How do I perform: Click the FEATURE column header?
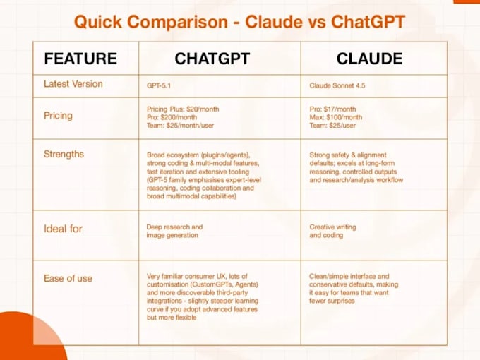click(x=80, y=59)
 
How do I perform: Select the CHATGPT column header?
click(x=212, y=59)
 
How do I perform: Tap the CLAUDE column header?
click(x=369, y=59)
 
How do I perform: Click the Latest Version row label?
click(x=73, y=84)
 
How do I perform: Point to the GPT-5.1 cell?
click(x=159, y=85)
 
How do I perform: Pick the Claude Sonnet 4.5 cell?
click(x=337, y=85)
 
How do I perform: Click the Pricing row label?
click(x=58, y=116)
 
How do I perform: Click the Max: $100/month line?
click(x=335, y=117)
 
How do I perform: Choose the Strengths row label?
click(x=64, y=154)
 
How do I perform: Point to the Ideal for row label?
click(x=63, y=229)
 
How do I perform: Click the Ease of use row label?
click(x=68, y=278)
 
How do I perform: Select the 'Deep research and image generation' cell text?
click(x=174, y=231)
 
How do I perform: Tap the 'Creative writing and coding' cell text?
click(x=332, y=231)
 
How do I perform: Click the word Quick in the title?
click(x=98, y=22)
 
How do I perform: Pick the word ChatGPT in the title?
click(x=368, y=22)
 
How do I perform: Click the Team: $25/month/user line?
click(x=180, y=126)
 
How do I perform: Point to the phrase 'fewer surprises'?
click(x=332, y=301)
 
